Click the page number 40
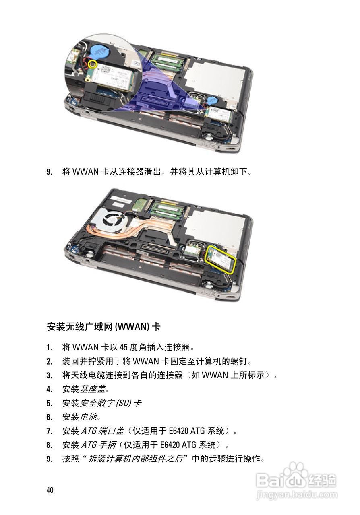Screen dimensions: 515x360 click(50, 490)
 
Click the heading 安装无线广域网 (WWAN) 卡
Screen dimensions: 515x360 click(103, 327)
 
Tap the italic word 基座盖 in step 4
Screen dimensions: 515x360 click(89, 389)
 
